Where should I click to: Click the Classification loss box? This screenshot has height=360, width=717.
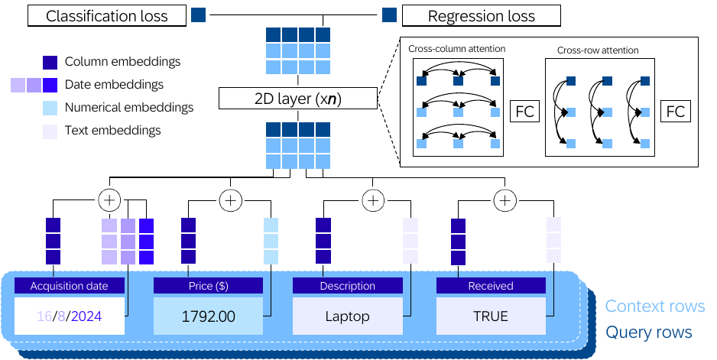click(107, 16)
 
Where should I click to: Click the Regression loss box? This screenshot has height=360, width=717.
click(481, 16)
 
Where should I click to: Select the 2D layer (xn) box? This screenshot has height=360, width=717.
click(298, 99)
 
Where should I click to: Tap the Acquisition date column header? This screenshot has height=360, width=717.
click(70, 286)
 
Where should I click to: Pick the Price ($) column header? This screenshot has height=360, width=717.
click(208, 286)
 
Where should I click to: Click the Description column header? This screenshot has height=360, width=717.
click(348, 286)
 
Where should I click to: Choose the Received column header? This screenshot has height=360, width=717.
click(491, 286)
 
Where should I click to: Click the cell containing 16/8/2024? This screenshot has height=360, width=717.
click(70, 316)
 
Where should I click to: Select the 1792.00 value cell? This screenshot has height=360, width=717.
click(208, 316)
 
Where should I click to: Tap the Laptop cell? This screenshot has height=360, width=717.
click(348, 316)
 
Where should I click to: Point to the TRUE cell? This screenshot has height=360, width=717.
click(491, 316)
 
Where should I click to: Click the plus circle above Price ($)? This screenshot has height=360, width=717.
click(231, 200)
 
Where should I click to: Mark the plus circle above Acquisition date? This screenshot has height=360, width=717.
click(110, 200)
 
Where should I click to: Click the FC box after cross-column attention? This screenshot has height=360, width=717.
click(524, 112)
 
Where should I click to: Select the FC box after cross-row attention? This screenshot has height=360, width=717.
click(676, 112)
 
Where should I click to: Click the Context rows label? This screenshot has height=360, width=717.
click(655, 306)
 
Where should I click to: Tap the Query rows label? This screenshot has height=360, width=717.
click(649, 332)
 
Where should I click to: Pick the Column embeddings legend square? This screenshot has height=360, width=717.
click(50, 62)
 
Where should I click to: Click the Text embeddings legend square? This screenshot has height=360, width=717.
click(50, 131)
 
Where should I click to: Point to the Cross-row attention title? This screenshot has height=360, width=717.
click(598, 50)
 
